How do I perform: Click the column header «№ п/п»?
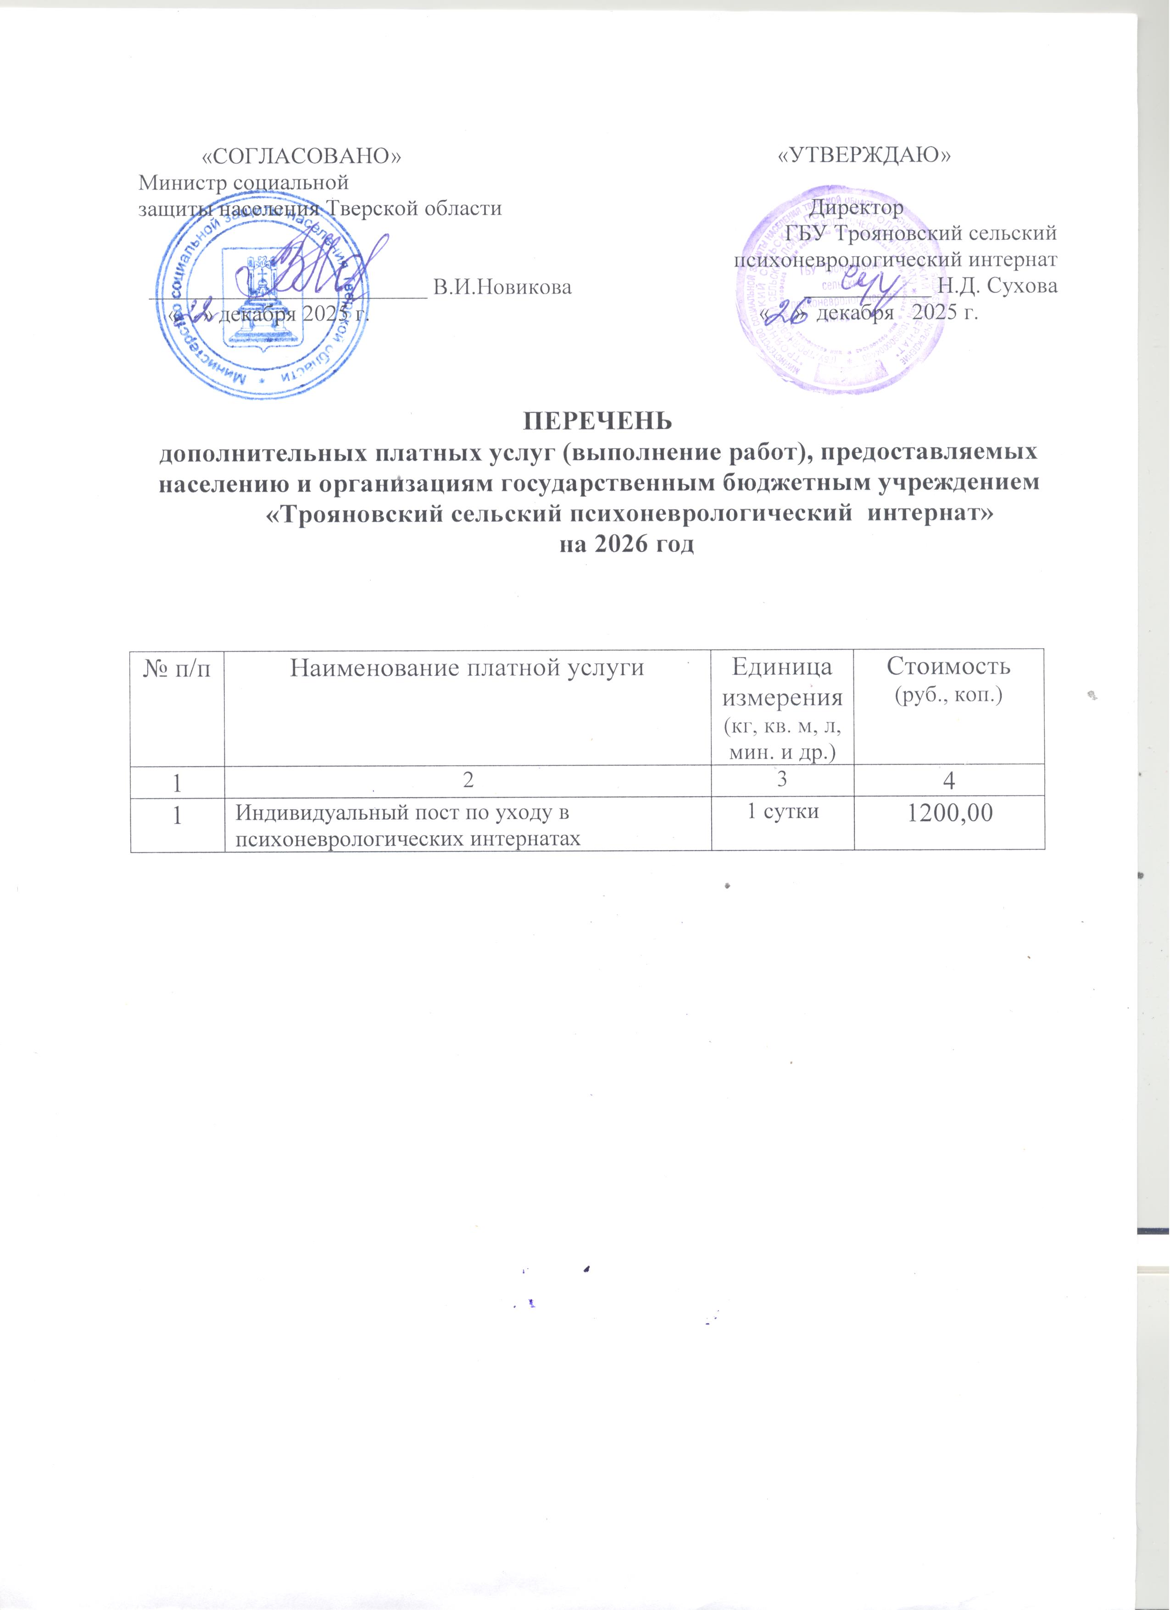pyautogui.click(x=177, y=669)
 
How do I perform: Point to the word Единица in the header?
pyautogui.click(x=782, y=667)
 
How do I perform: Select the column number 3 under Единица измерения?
pyautogui.click(x=782, y=778)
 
